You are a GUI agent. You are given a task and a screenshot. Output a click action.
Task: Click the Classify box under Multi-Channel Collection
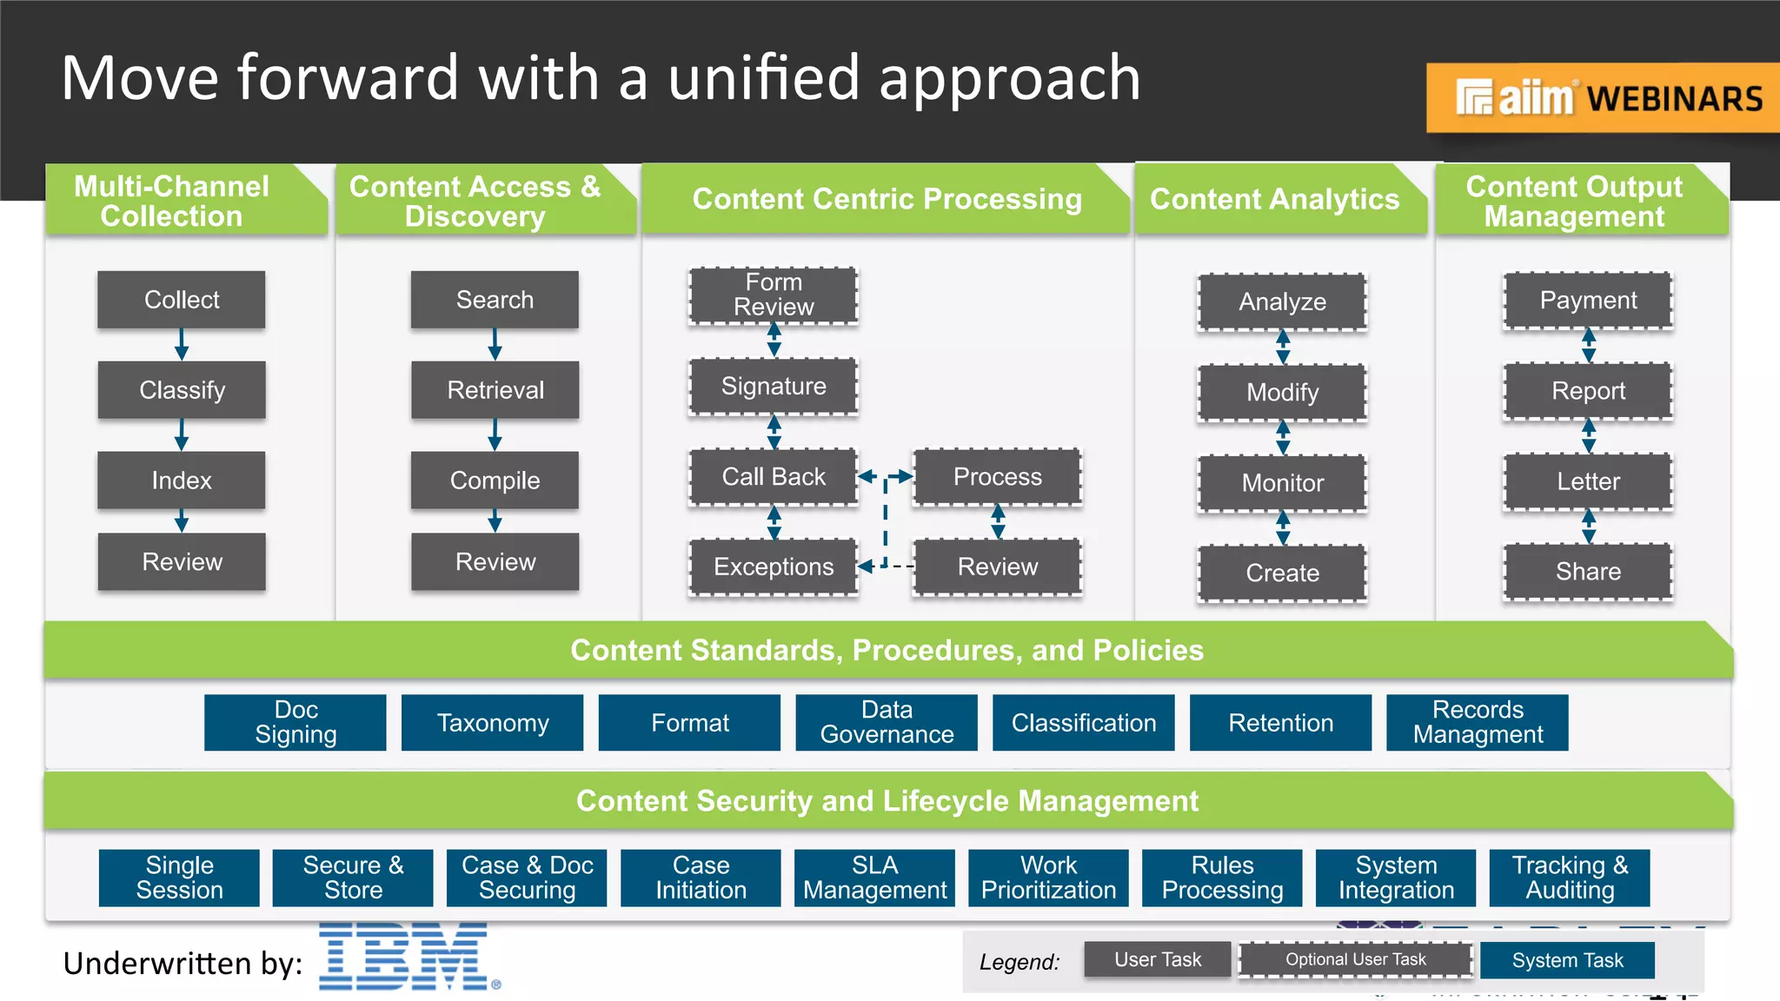pyautogui.click(x=182, y=390)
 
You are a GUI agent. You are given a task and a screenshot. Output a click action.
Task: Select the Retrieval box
pyautogui.click(x=495, y=390)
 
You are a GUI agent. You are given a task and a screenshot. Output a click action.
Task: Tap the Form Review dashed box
pyautogui.click(x=774, y=295)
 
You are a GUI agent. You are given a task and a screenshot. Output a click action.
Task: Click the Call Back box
pyautogui.click(x=774, y=477)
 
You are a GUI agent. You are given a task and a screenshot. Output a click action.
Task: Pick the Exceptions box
pyautogui.click(x=774, y=567)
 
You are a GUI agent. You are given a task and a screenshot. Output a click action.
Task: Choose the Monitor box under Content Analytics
pyautogui.click(x=1282, y=483)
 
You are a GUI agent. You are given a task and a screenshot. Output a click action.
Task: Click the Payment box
pyautogui.click(x=1588, y=301)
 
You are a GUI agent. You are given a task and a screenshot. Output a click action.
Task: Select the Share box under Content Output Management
pyautogui.click(x=1588, y=572)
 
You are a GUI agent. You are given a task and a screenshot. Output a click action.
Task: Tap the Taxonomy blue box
pyautogui.click(x=493, y=723)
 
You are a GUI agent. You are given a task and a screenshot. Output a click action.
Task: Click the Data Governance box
pyautogui.click(x=887, y=723)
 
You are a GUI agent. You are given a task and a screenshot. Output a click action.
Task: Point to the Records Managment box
pyautogui.click(x=1478, y=723)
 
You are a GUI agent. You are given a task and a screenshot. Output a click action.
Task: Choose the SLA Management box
pyautogui.click(x=874, y=878)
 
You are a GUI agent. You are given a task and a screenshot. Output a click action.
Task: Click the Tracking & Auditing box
pyautogui.click(x=1570, y=878)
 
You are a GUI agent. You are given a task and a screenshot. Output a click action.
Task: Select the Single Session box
pyautogui.click(x=179, y=878)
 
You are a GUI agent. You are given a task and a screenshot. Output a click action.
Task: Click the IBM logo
pyautogui.click(x=407, y=957)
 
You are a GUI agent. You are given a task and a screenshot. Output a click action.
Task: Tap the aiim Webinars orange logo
pyautogui.click(x=1604, y=98)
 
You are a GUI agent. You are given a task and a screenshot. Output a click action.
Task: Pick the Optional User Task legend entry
pyautogui.click(x=1355, y=960)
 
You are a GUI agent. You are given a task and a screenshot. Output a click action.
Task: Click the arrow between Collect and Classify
pyautogui.click(x=182, y=344)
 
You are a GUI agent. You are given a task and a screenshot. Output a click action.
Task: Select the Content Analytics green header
pyautogui.click(x=1274, y=200)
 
